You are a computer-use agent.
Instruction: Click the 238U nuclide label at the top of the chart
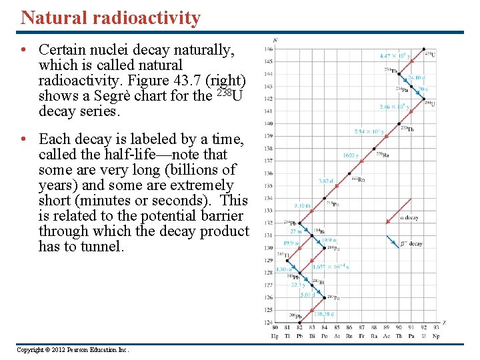tap(430, 54)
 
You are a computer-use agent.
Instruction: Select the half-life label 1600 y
tap(351, 155)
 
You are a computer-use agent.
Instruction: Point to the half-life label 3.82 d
tap(325, 180)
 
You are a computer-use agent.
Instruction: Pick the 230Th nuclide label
tap(406, 129)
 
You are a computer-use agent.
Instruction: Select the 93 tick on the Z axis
tap(436, 328)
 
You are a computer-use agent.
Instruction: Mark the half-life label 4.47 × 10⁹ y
tap(395, 56)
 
